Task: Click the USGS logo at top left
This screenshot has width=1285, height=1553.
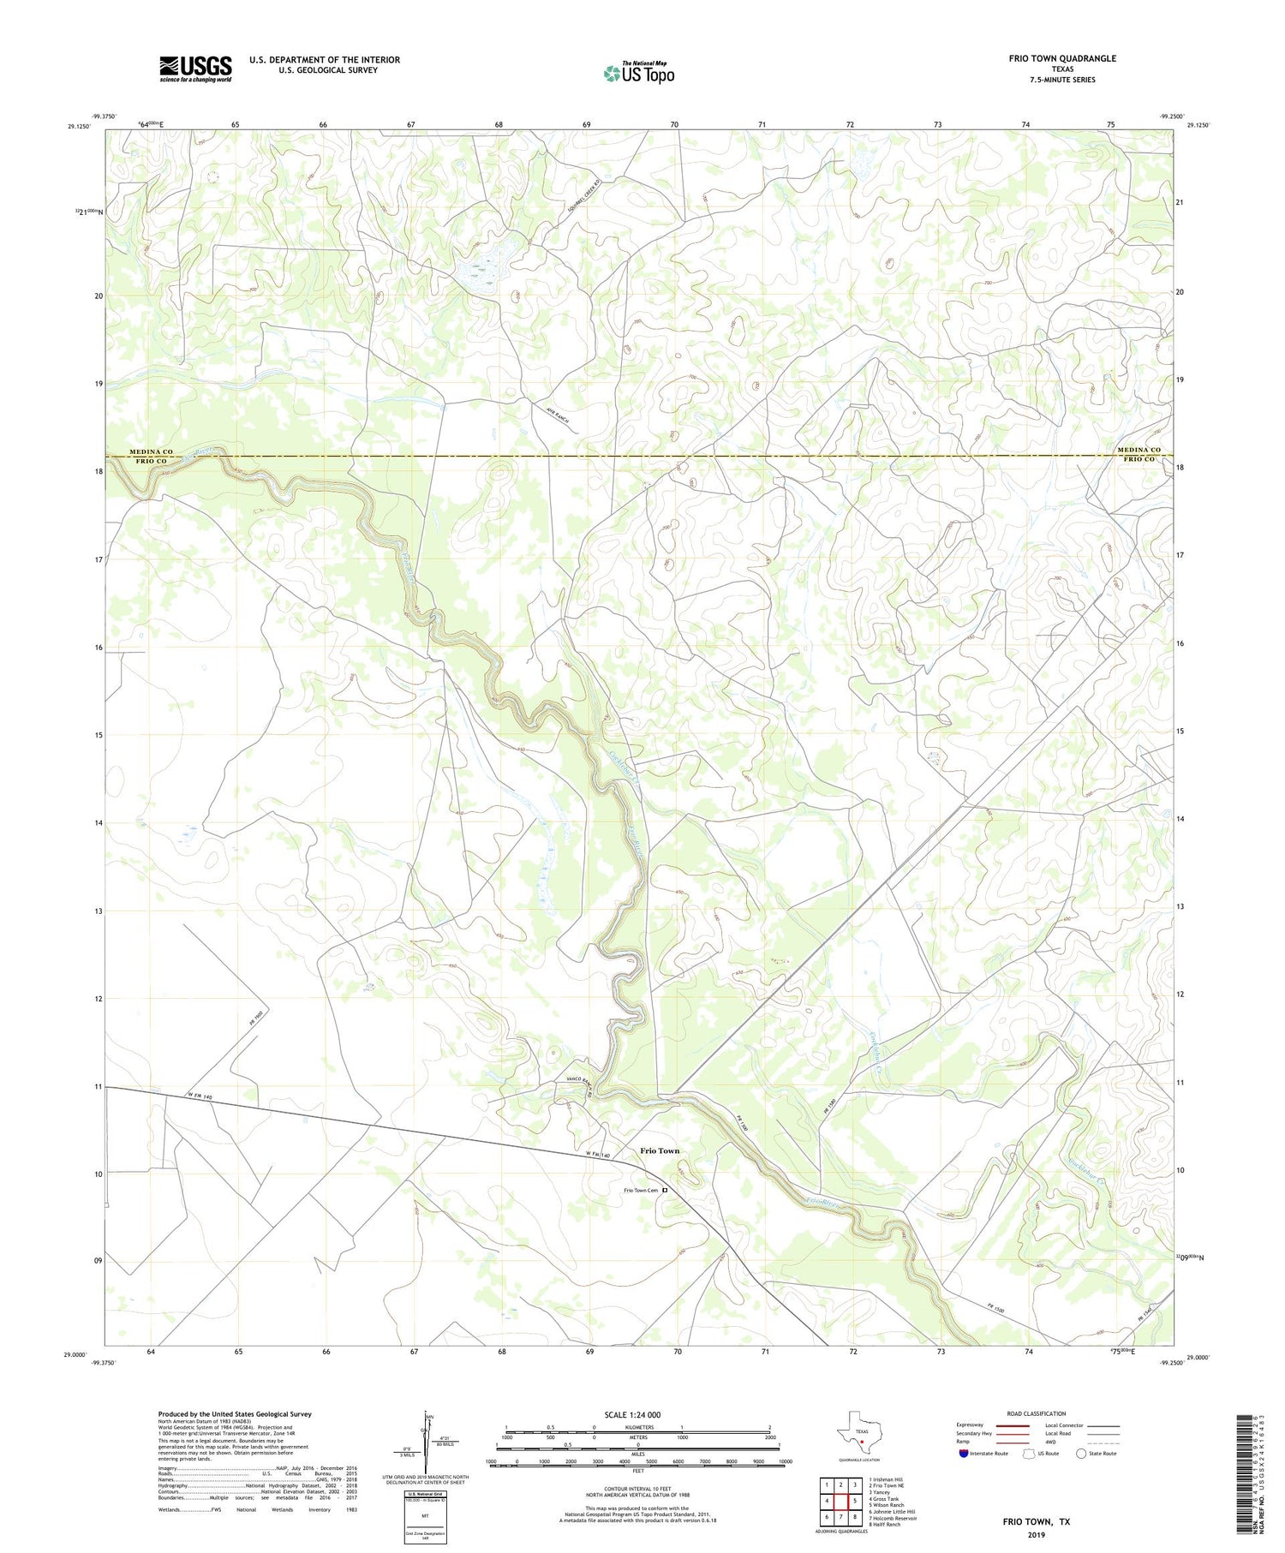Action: click(195, 69)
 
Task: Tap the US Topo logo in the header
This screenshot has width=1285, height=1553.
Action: click(638, 74)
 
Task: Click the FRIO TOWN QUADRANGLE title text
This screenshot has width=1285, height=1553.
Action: click(1061, 58)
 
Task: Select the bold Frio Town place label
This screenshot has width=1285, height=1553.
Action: click(660, 1150)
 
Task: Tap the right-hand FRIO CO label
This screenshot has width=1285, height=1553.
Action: click(1139, 459)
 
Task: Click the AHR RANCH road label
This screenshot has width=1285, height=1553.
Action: click(557, 415)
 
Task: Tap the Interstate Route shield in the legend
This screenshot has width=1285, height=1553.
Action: click(964, 1454)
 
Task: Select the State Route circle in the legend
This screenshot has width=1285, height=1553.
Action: click(1081, 1454)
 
